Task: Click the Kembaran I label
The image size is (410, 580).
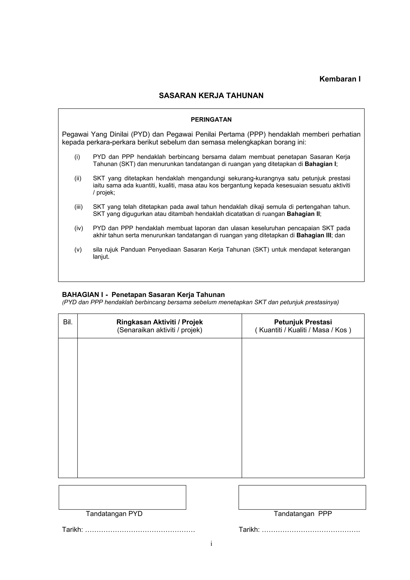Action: tap(340, 79)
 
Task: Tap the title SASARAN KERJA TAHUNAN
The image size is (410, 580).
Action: tap(211, 95)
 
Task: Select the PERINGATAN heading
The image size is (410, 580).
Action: tap(211, 119)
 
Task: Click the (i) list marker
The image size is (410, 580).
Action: tap(77, 157)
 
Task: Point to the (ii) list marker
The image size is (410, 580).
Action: tap(78, 178)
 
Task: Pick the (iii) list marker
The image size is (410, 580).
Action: tap(78, 207)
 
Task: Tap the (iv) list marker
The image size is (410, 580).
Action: tap(78, 228)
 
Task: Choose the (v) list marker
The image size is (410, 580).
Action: tap(78, 250)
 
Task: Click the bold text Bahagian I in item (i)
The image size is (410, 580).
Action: tap(320, 164)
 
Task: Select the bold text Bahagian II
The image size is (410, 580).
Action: tap(303, 214)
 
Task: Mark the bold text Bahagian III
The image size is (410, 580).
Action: tap(314, 235)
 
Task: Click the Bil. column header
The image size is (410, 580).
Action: tap(68, 322)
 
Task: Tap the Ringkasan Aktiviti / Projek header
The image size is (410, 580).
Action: tap(159, 322)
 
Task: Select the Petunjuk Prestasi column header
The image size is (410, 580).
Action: tap(303, 322)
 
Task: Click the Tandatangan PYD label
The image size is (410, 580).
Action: tap(114, 514)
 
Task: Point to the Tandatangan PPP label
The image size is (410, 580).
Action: tap(303, 514)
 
